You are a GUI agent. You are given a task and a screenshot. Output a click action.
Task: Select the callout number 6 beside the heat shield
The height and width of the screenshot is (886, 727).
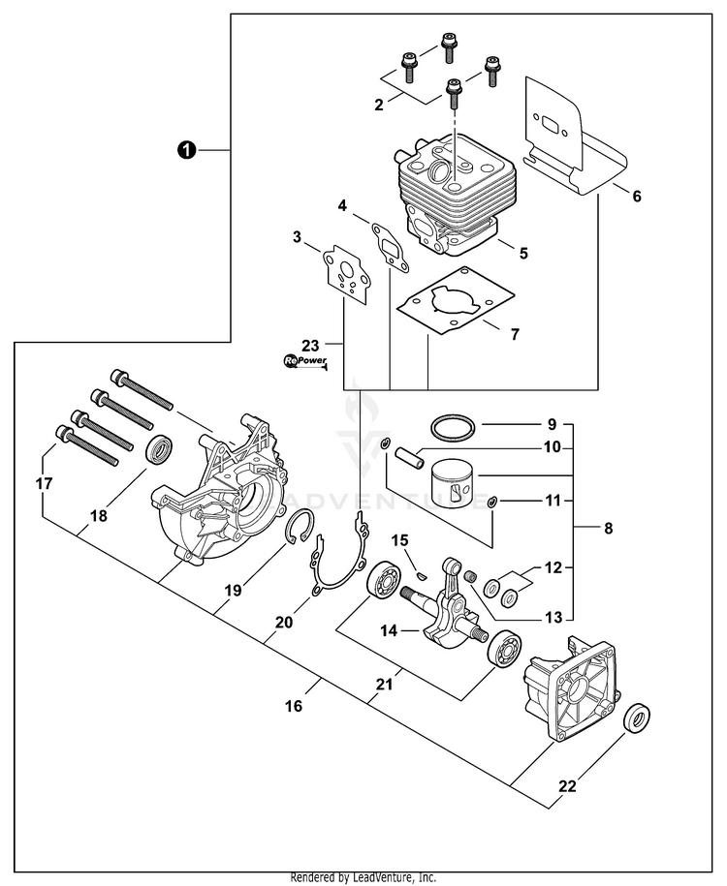[x=636, y=197]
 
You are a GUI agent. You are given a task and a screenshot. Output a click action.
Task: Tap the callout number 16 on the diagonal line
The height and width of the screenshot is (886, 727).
[x=294, y=706]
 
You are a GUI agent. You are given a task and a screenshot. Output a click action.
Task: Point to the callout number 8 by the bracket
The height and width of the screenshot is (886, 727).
[x=608, y=529]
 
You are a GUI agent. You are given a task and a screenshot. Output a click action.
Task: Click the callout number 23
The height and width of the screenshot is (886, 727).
[x=309, y=344]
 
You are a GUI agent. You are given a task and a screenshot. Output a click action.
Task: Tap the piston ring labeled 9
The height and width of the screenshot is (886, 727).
[x=452, y=427]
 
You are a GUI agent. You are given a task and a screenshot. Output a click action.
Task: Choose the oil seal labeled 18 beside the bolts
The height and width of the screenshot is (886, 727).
[x=159, y=451]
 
